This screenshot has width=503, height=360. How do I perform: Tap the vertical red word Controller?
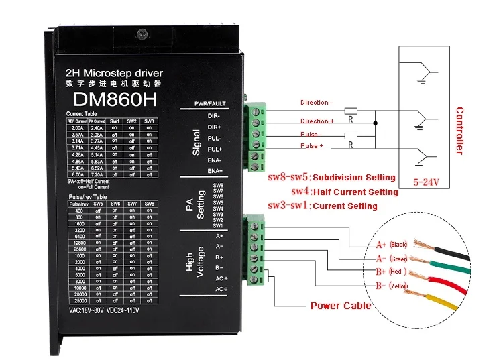(x=459, y=130)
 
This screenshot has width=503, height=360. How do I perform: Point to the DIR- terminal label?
(x=215, y=116)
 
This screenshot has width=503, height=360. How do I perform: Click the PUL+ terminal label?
(x=215, y=149)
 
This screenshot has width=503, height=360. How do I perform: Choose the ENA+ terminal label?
(x=215, y=172)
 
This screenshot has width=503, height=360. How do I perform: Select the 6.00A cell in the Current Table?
(x=77, y=174)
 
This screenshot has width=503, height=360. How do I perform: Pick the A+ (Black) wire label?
(x=392, y=244)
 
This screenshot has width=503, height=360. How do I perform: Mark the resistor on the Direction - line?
(x=351, y=111)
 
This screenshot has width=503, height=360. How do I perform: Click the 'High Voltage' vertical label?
(x=196, y=261)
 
